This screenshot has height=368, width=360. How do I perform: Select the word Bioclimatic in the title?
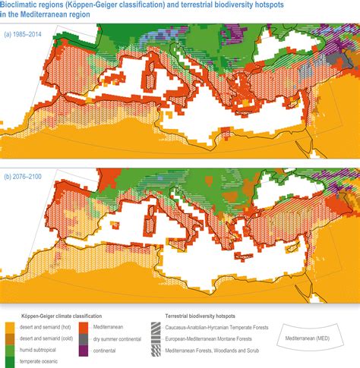coord(23,5)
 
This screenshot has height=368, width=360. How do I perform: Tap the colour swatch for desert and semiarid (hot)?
coord(11,325)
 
